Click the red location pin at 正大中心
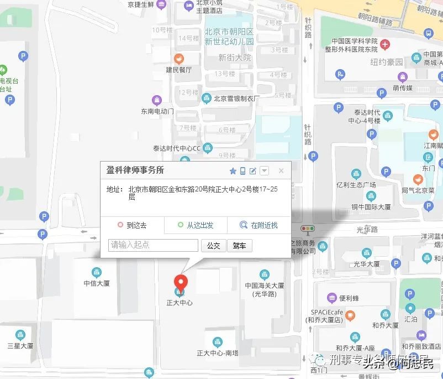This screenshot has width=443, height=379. click(180, 280)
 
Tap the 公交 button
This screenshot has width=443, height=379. click(213, 246)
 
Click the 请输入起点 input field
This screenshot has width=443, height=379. click(153, 245)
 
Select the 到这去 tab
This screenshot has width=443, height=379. click(132, 225)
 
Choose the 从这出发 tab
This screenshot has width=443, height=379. click(196, 225)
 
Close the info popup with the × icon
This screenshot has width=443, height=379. click(281, 171)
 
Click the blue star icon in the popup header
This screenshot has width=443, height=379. click(233, 171)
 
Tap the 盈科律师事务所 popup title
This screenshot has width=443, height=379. click(135, 170)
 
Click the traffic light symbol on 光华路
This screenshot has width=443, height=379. click(307, 229)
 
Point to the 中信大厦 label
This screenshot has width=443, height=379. click(97, 283)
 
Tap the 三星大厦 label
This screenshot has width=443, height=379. click(20, 346)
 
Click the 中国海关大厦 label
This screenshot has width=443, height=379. click(264, 286)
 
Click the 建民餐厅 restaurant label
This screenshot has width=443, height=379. click(179, 70)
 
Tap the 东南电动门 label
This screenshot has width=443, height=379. click(157, 111)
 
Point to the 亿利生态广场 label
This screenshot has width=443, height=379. click(356, 184)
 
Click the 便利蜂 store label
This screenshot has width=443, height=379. click(349, 298)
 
